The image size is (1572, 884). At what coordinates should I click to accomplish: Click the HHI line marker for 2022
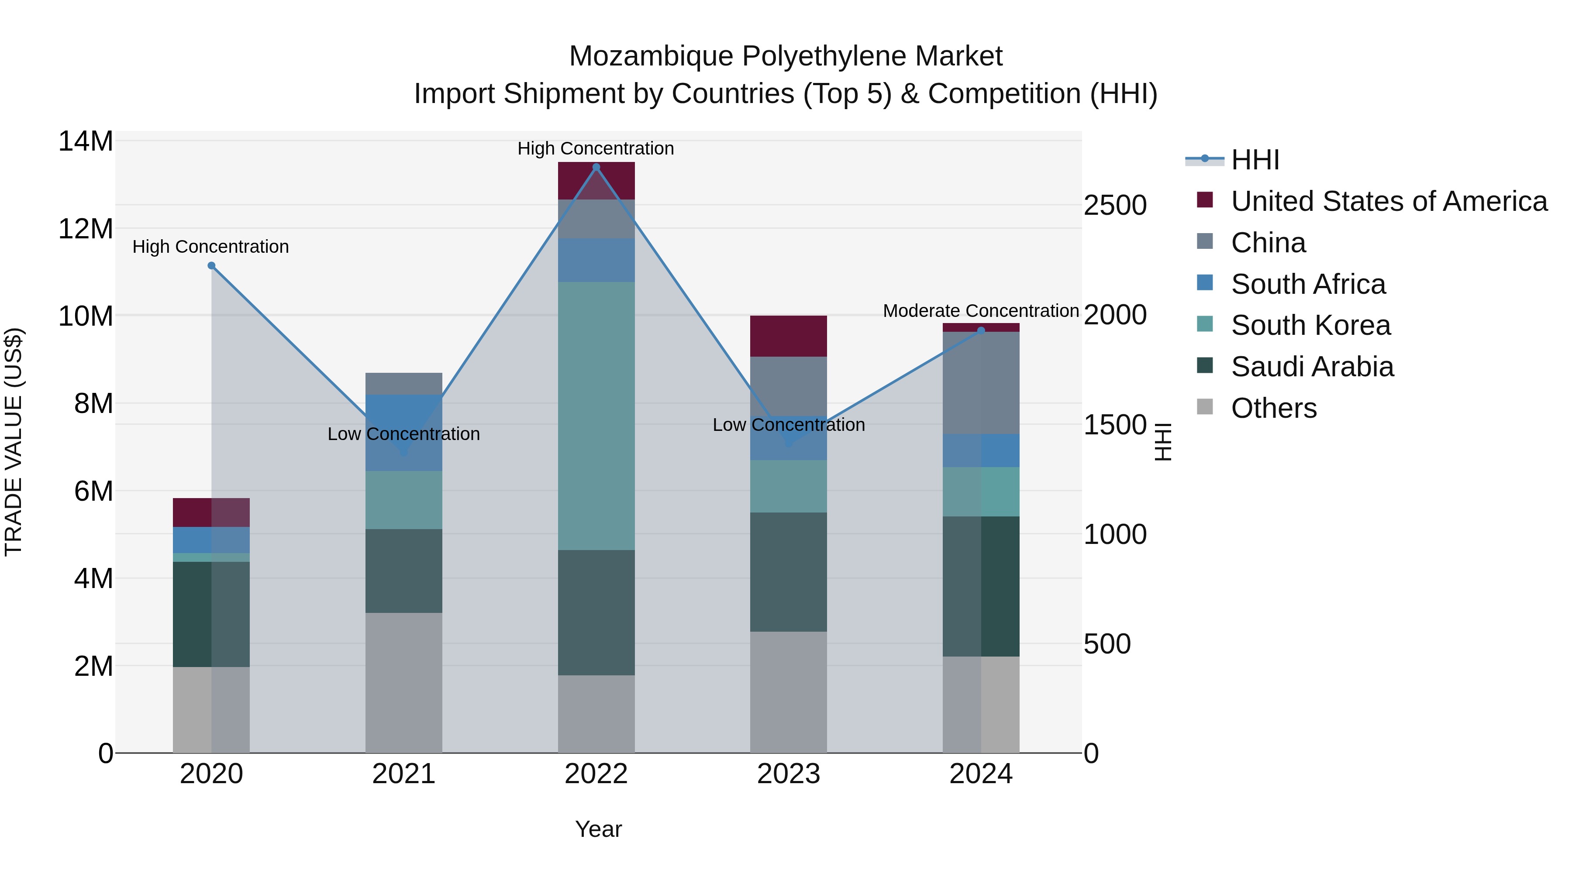pyautogui.click(x=596, y=167)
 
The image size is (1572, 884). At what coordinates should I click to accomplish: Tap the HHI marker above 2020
pyautogui.click(x=211, y=265)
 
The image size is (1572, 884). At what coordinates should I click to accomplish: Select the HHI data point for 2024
pyautogui.click(x=981, y=330)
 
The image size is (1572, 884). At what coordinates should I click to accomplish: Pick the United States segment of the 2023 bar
pyautogui.click(x=789, y=336)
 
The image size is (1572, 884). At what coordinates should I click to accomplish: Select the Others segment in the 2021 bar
pyautogui.click(x=403, y=683)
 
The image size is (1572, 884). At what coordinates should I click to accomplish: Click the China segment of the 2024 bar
pyautogui.click(x=981, y=383)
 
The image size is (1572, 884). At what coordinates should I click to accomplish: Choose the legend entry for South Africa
pyautogui.click(x=1308, y=284)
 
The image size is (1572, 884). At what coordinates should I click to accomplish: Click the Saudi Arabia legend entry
pyautogui.click(x=1312, y=367)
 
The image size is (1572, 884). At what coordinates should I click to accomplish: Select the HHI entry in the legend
pyautogui.click(x=1255, y=160)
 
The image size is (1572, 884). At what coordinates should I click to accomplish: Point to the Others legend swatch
pyautogui.click(x=1205, y=406)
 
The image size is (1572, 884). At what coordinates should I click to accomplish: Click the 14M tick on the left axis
pyautogui.click(x=86, y=141)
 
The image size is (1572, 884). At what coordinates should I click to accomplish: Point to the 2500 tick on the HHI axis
pyautogui.click(x=1115, y=206)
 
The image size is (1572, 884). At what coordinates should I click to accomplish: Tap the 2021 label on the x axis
pyautogui.click(x=403, y=774)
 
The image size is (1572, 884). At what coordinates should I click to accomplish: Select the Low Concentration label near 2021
pyautogui.click(x=403, y=434)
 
